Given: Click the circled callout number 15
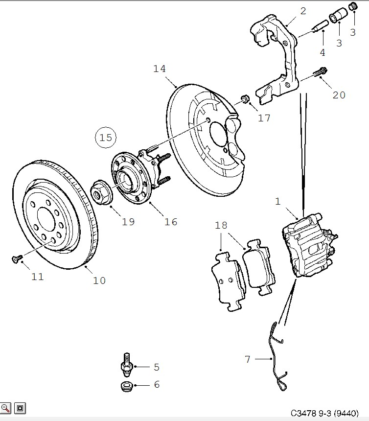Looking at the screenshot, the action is (x=106, y=138).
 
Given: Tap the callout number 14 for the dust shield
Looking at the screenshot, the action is (x=160, y=69).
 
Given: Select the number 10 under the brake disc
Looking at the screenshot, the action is (x=99, y=281).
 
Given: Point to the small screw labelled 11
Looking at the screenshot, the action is (x=17, y=258).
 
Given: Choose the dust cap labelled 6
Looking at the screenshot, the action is (x=127, y=386).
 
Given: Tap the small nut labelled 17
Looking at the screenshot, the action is (x=245, y=99).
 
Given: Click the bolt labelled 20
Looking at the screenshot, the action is (x=320, y=72).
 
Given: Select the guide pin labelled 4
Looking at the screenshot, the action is (x=320, y=25).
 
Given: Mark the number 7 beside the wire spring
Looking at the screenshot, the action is (x=248, y=359).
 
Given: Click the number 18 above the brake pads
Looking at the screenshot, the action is (x=221, y=225).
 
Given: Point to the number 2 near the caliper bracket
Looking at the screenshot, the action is (x=303, y=11).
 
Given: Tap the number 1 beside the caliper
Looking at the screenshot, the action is (x=278, y=201).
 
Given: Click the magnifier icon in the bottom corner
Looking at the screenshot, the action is (x=5, y=408).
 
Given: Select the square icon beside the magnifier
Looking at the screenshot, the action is (x=20, y=408).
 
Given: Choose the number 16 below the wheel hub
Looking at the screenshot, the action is (x=171, y=222).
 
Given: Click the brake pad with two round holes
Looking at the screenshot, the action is (x=228, y=281).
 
